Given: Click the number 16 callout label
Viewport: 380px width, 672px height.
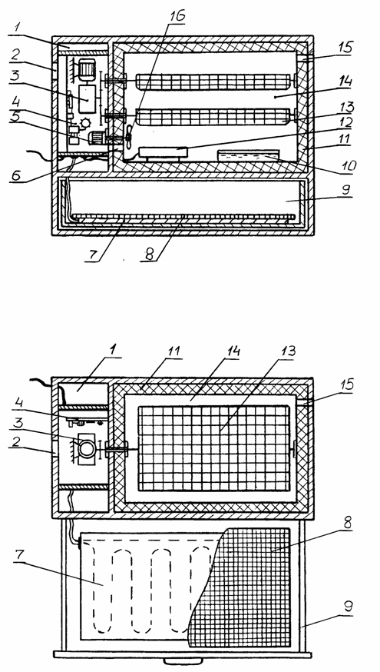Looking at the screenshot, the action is point(176,16).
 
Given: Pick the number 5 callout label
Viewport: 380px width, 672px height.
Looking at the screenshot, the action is point(17,117).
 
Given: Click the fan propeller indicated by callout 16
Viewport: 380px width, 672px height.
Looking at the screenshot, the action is point(128,137).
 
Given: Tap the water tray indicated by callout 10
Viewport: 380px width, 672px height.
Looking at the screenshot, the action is point(248,155).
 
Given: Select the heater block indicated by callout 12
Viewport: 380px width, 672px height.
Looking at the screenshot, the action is point(164,152).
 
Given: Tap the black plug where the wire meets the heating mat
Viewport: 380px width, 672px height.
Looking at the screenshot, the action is point(80,544).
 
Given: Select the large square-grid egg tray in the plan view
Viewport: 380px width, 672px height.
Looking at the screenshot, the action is point(213,448).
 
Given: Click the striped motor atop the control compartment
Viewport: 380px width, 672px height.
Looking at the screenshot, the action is point(88,69).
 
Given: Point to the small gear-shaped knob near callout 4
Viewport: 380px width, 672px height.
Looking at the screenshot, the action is point(85,123).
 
